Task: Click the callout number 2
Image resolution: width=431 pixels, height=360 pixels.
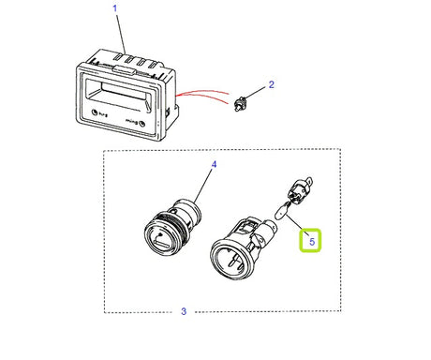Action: [272, 84]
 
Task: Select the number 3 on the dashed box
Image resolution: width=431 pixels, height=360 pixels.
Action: [184, 311]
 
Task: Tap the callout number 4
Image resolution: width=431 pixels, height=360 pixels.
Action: [213, 164]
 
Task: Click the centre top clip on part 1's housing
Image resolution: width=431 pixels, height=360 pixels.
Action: [123, 68]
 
